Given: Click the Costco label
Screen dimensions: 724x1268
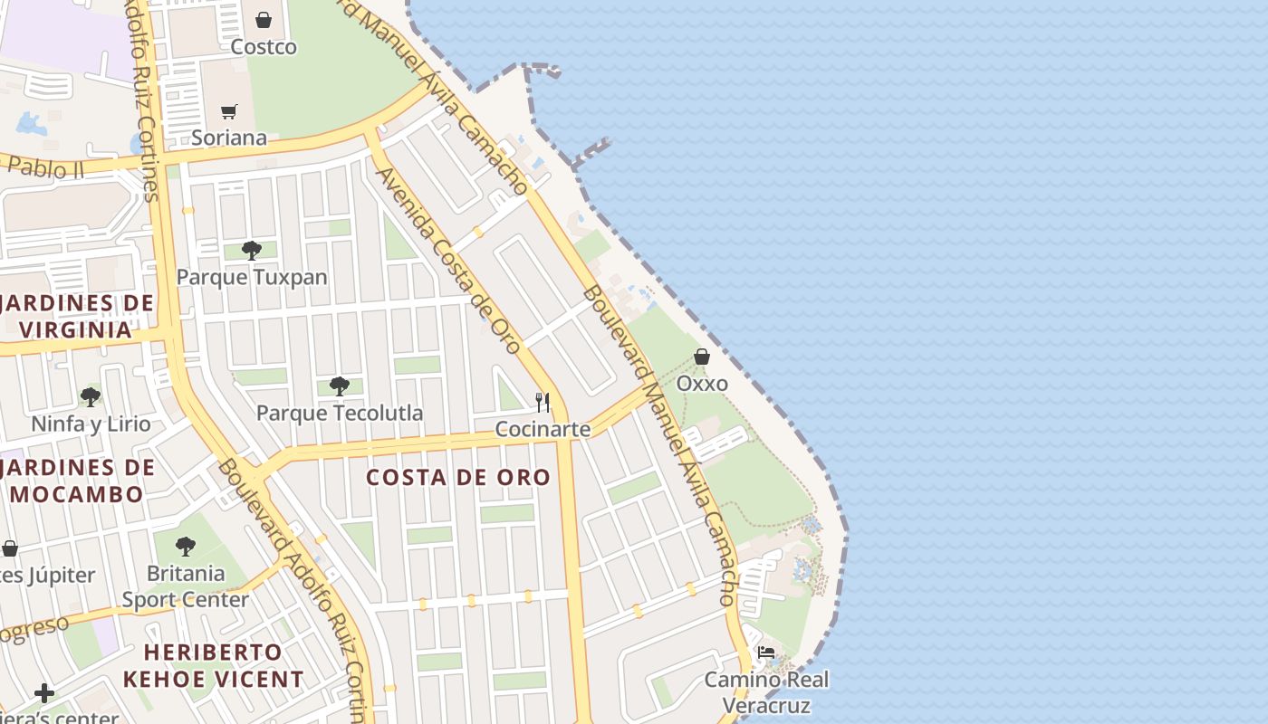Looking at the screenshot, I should pos(264,46).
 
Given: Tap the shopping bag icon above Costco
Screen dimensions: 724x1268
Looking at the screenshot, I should pos(264,19).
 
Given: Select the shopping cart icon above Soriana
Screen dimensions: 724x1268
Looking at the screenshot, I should pos(229,111).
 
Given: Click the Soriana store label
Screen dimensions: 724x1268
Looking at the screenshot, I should pos(229,138).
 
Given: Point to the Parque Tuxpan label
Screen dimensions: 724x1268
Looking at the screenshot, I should pos(252,277).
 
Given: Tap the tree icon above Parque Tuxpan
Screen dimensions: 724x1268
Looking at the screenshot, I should pos(252,250).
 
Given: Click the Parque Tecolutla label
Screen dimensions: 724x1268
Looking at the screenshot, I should pos(340,413).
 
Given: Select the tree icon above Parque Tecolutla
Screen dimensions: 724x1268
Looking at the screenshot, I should pos(340,386).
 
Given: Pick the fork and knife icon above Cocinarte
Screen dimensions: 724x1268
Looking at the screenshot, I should pos(543,402).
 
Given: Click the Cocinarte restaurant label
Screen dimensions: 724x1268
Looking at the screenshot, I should pos(543,429).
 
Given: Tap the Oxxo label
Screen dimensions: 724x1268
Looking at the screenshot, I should pos(702,383).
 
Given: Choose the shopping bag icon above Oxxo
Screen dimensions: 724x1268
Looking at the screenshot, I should pos(702,357).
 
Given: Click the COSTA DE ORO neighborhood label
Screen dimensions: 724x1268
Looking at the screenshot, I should pos(458,477).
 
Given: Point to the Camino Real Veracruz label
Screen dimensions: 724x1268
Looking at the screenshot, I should pos(766,691).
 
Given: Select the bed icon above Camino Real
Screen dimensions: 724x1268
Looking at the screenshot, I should pos(766,653).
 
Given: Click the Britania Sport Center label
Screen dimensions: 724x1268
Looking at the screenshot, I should pos(186,586).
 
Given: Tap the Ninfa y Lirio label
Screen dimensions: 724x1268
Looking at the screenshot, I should pos(91,424).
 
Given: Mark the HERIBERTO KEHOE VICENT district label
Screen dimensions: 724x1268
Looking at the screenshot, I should pos(213,665).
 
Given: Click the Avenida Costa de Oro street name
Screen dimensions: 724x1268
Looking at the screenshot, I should pos(448,260).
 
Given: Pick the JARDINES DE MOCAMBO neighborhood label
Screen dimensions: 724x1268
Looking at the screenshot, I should pos(77,481).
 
